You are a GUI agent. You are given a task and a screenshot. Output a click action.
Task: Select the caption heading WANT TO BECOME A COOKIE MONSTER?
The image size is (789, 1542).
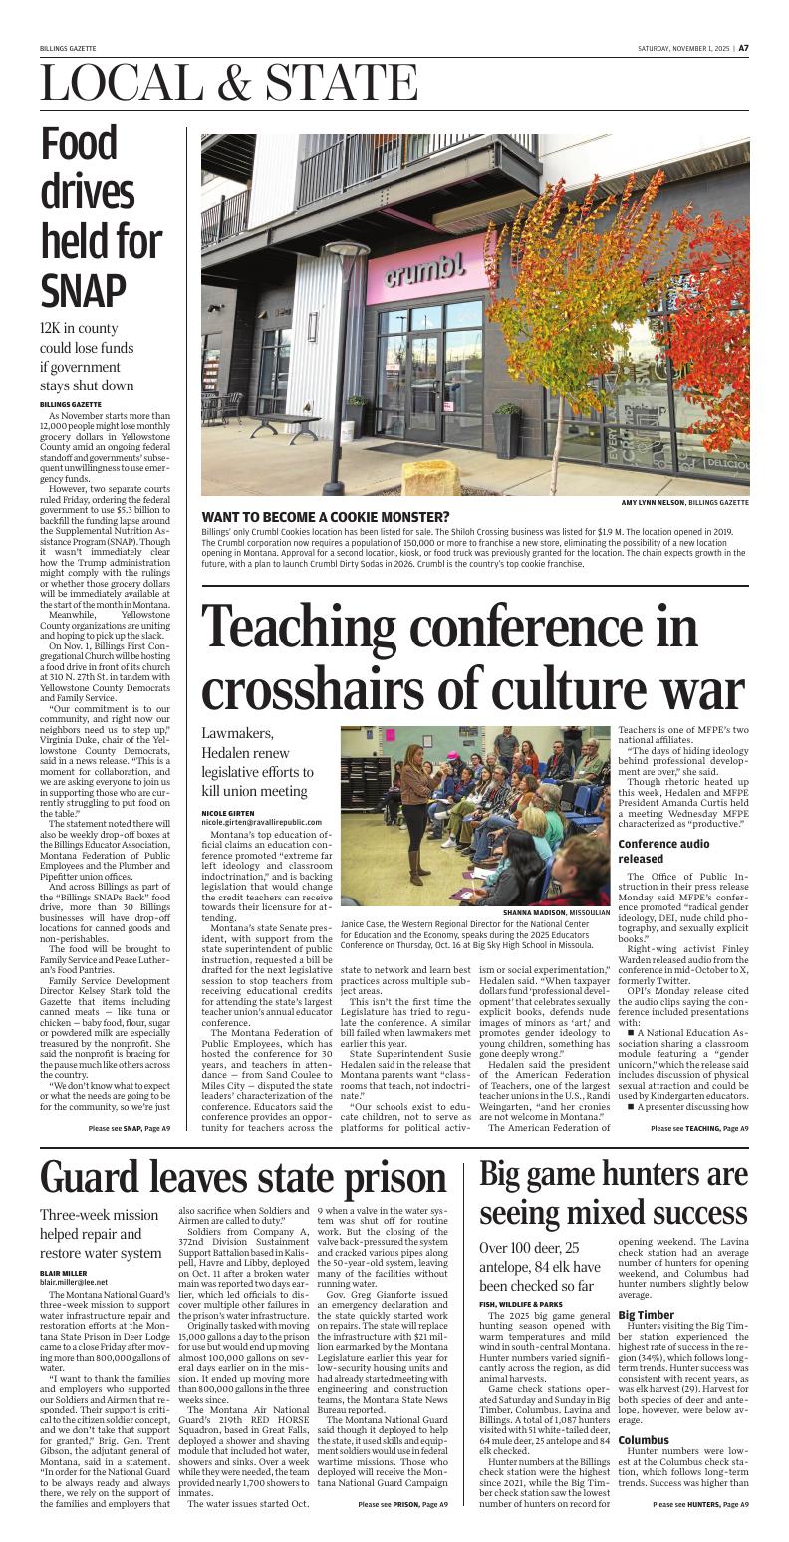(x=325, y=517)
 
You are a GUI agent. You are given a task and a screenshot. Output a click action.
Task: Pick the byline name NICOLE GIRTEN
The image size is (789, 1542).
(x=228, y=813)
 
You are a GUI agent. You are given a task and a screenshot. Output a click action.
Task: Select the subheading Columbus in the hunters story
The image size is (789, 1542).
(x=646, y=1440)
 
